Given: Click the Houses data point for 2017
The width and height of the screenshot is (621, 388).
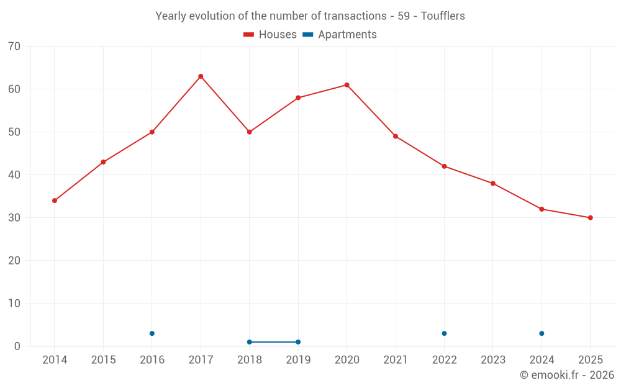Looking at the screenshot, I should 201,76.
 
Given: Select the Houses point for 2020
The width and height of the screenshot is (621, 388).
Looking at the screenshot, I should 347,85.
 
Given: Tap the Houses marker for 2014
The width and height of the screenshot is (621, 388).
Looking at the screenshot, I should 55,201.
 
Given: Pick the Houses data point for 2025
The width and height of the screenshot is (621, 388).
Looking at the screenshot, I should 590,218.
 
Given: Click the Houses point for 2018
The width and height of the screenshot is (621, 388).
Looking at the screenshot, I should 249,132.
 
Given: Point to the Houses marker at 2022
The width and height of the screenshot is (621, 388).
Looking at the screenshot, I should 444,166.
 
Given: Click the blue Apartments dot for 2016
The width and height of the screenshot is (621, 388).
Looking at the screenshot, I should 152,333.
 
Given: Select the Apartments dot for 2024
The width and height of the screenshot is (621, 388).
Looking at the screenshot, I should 542,333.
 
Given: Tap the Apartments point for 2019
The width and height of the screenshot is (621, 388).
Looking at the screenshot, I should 298,342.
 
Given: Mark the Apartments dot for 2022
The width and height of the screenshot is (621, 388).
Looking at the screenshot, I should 444,333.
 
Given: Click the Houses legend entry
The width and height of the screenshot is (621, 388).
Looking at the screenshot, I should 270,35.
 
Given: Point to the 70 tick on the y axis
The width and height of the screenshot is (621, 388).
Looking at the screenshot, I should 14,47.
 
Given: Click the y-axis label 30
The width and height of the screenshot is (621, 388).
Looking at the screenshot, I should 14,218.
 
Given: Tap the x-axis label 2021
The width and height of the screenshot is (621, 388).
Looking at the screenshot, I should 396,360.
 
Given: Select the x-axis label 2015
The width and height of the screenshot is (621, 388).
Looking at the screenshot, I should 103,360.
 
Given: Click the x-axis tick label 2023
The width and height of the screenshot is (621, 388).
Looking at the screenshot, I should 493,360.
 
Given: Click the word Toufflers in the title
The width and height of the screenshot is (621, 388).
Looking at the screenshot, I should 443,16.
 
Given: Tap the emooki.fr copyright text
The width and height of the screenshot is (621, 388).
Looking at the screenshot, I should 567,375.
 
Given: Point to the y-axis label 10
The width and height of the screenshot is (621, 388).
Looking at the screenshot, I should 14,304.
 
